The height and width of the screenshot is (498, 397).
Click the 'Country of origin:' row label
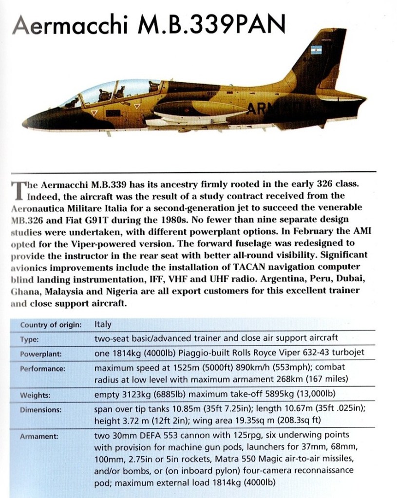click(51, 325)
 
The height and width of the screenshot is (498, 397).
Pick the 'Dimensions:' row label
click(40, 410)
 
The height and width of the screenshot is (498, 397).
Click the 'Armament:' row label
click(38, 437)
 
